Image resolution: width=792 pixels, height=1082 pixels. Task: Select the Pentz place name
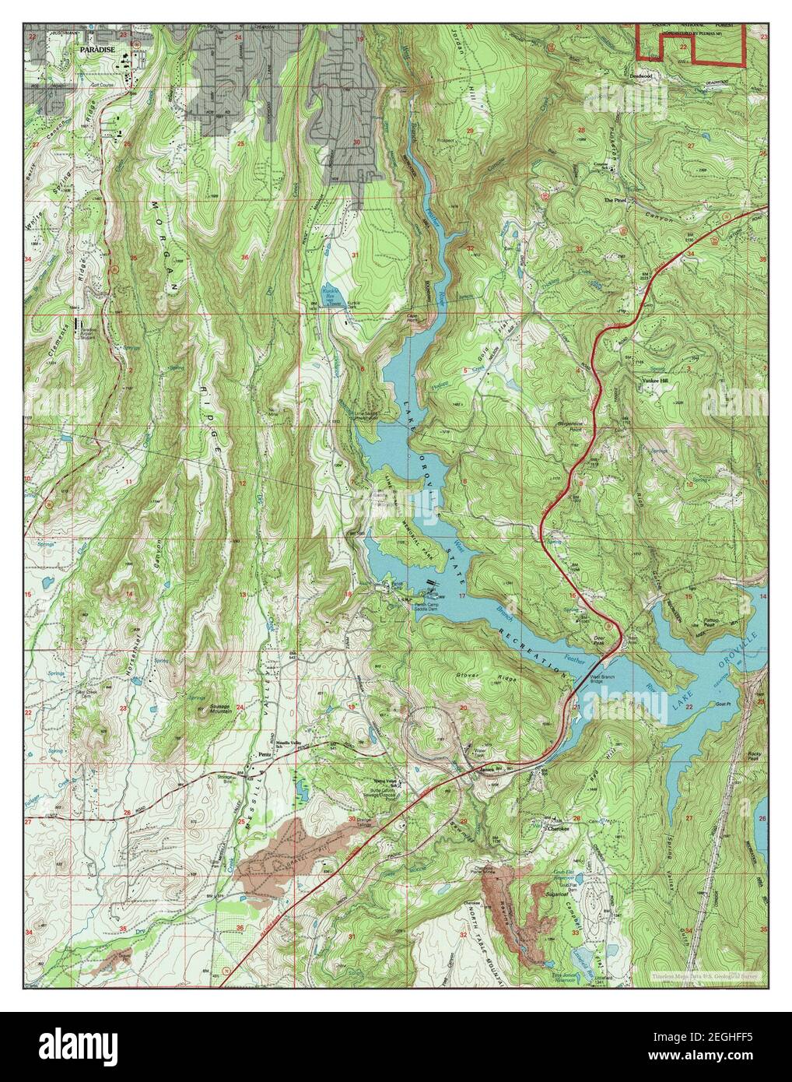265,755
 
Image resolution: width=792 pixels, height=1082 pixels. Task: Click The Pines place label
616,199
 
